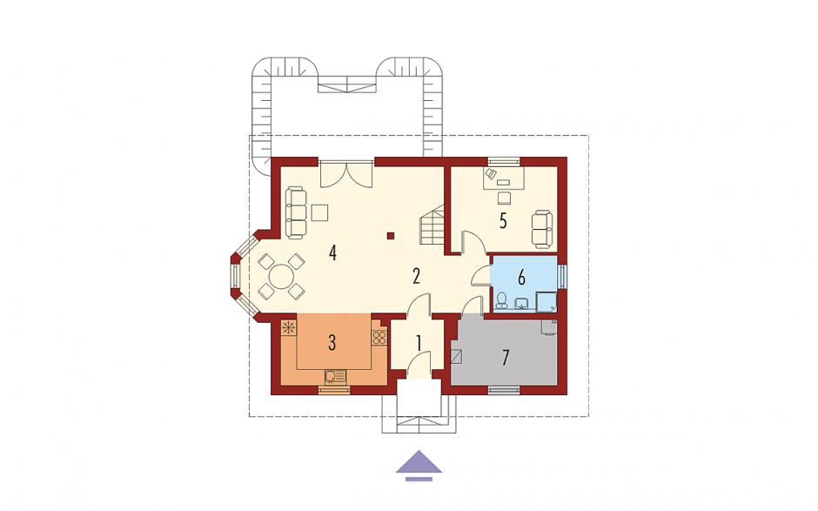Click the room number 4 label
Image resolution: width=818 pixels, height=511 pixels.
pyautogui.click(x=332, y=253)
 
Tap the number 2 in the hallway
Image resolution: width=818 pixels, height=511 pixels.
pyautogui.click(x=416, y=276)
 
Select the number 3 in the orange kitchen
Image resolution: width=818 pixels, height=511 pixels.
pyautogui.click(x=332, y=343)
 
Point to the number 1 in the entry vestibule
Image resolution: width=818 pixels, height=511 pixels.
pyautogui.click(x=419, y=343)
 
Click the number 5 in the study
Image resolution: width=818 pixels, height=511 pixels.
pyautogui.click(x=503, y=221)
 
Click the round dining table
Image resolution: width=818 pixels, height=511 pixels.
pyautogui.click(x=282, y=276)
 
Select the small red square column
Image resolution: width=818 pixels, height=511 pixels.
pyautogui.click(x=390, y=235)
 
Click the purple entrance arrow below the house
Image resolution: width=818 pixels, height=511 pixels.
pyautogui.click(x=419, y=465)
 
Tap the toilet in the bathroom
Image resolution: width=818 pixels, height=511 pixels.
pyautogui.click(x=501, y=300)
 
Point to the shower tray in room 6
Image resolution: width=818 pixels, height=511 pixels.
pyautogui.click(x=546, y=302)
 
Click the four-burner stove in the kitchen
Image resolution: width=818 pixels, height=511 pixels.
pyautogui.click(x=379, y=338)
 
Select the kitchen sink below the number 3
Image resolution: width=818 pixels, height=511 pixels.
pyautogui.click(x=335, y=376)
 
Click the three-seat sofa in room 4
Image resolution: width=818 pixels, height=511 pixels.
pyautogui.click(x=296, y=213)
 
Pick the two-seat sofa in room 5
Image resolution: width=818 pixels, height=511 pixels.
pyautogui.click(x=541, y=228)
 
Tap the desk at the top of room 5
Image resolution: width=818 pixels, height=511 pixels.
pyautogui.click(x=504, y=178)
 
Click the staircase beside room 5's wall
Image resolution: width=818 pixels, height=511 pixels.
pyautogui.click(x=432, y=225)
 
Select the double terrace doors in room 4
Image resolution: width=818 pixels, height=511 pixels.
pyautogui.click(x=345, y=174)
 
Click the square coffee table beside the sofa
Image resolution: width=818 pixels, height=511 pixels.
pyautogui.click(x=319, y=213)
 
